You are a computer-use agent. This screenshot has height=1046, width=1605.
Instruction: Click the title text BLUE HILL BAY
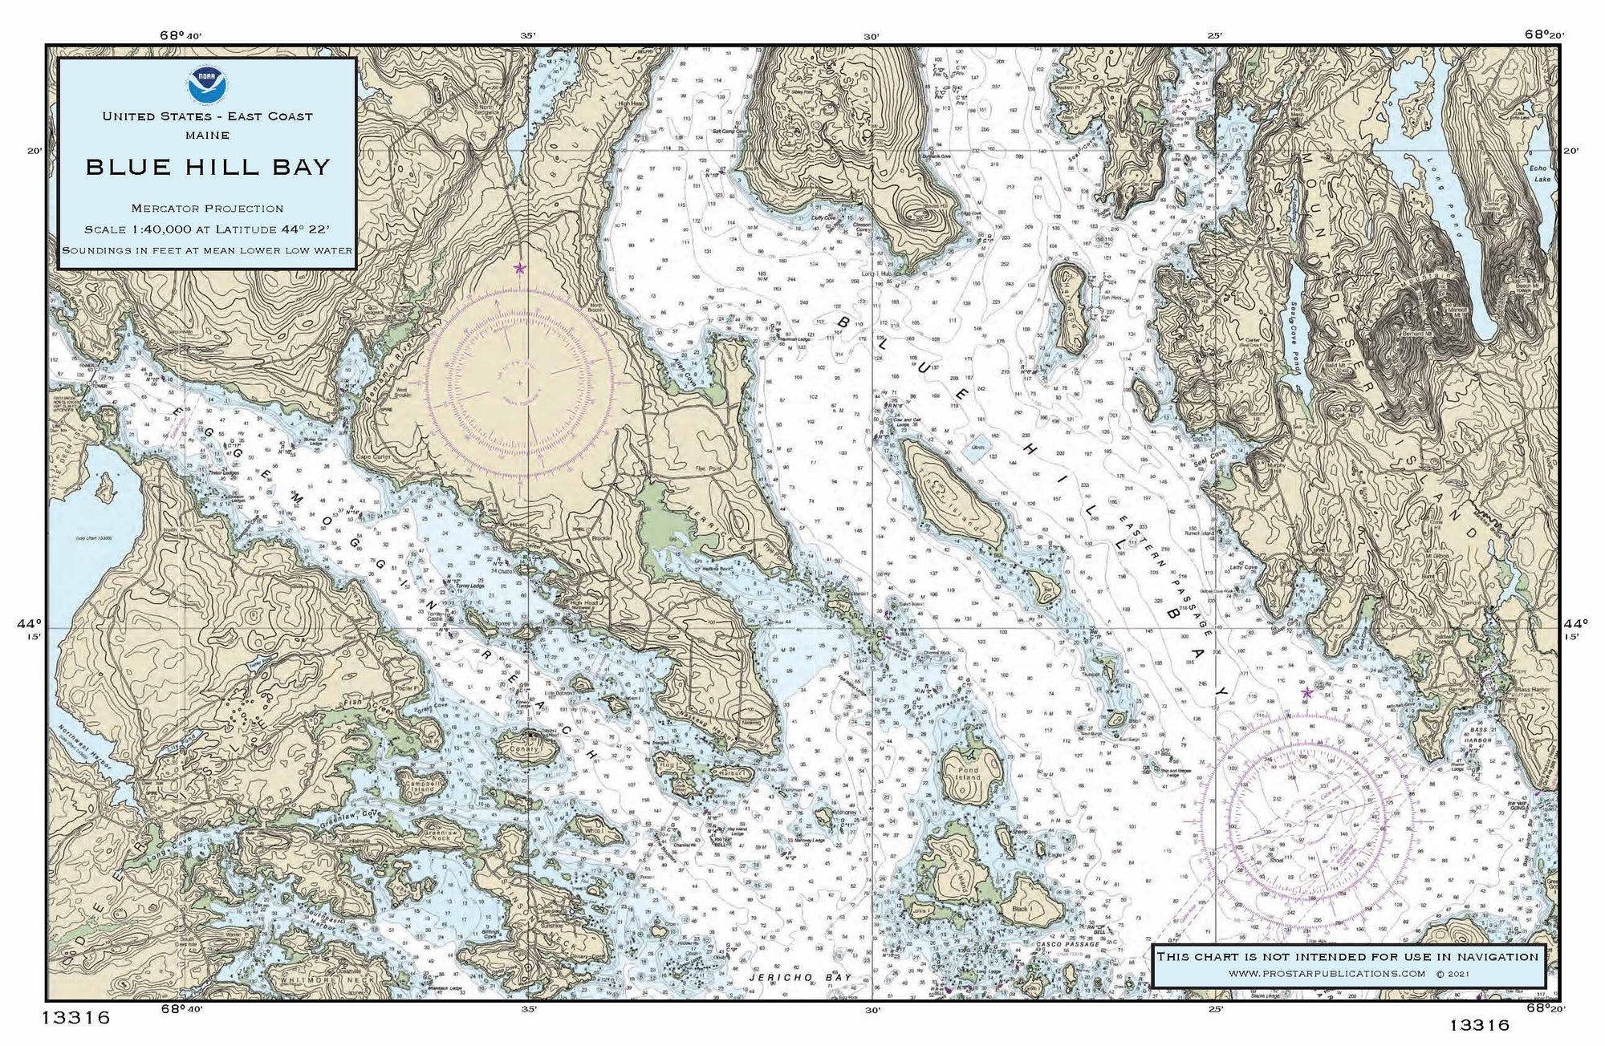[x=208, y=167]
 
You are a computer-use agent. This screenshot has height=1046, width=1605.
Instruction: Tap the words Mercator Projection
[x=208, y=209]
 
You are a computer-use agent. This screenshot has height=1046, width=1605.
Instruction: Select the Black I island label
[x=1020, y=910]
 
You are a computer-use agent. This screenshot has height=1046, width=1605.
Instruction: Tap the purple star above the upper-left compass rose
[x=519, y=268]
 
